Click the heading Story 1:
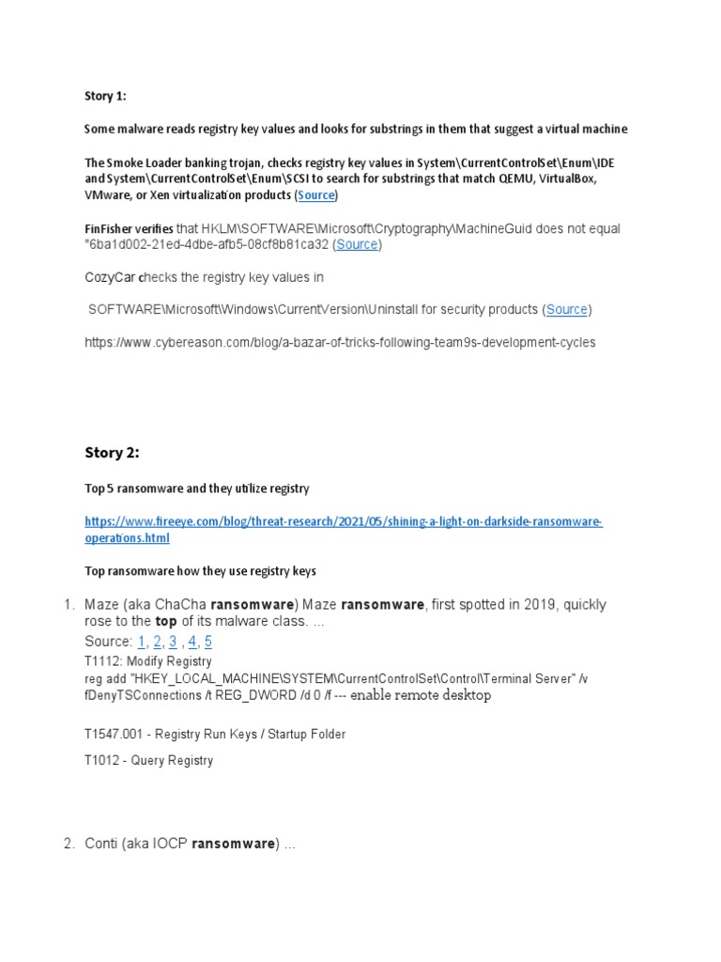105,95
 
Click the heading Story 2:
112,453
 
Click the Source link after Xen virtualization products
316,195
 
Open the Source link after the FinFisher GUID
357,244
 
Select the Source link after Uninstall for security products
567,309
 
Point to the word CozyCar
110,277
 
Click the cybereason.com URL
340,343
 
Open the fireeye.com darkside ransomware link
344,530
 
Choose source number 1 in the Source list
142,642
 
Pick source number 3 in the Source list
173,642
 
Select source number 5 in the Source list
208,642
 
